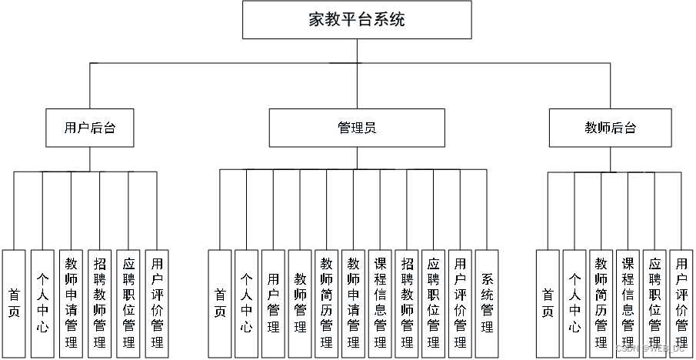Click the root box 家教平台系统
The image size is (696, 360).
(x=357, y=20)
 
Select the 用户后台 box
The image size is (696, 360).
(x=90, y=128)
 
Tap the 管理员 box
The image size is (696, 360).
(x=357, y=128)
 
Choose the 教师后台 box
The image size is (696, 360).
(x=611, y=128)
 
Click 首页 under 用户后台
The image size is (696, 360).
(x=14, y=303)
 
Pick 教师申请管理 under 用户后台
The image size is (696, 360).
(x=71, y=303)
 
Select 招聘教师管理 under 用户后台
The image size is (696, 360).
(x=99, y=303)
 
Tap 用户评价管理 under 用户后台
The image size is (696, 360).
(x=156, y=303)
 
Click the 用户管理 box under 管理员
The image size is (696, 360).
(x=273, y=303)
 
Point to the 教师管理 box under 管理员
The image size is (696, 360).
(x=300, y=303)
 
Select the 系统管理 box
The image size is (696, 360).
(x=487, y=303)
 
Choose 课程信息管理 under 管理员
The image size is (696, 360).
(x=380, y=303)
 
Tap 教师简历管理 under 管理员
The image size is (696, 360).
(x=326, y=303)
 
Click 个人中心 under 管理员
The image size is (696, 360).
(x=246, y=303)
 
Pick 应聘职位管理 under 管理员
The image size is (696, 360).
(x=433, y=303)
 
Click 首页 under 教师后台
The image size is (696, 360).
(x=548, y=303)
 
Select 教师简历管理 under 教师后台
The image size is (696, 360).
(x=601, y=303)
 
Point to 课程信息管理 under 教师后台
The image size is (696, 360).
(x=628, y=303)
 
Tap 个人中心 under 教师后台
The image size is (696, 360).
(x=574, y=303)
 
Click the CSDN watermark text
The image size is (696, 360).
(x=651, y=348)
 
